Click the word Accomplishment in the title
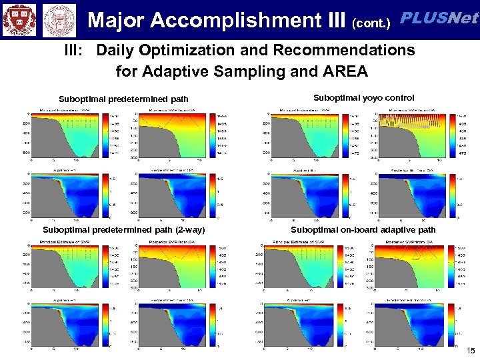click(x=238, y=21)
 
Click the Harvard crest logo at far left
click(x=19, y=19)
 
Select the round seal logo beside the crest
click(x=58, y=19)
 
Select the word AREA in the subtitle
click(x=345, y=70)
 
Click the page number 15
click(x=471, y=351)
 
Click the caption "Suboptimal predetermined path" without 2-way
click(x=123, y=99)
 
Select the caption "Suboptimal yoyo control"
click(x=363, y=97)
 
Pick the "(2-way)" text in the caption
click(x=187, y=230)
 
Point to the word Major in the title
click(x=117, y=21)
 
